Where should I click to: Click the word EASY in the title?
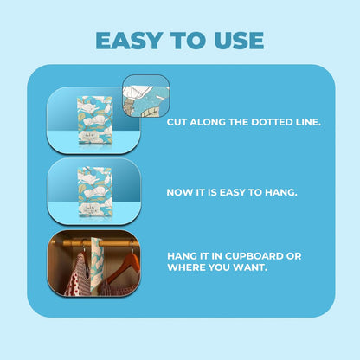click(x=129, y=41)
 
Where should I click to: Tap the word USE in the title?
click(x=239, y=41)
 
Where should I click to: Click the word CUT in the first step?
click(x=177, y=122)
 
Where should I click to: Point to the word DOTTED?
click(x=272, y=122)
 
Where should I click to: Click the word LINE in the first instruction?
click(x=308, y=122)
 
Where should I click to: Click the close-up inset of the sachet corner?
click(x=145, y=96)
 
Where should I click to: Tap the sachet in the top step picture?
click(x=94, y=120)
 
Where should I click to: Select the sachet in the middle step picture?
click(x=94, y=191)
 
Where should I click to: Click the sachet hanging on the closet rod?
click(x=98, y=264)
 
